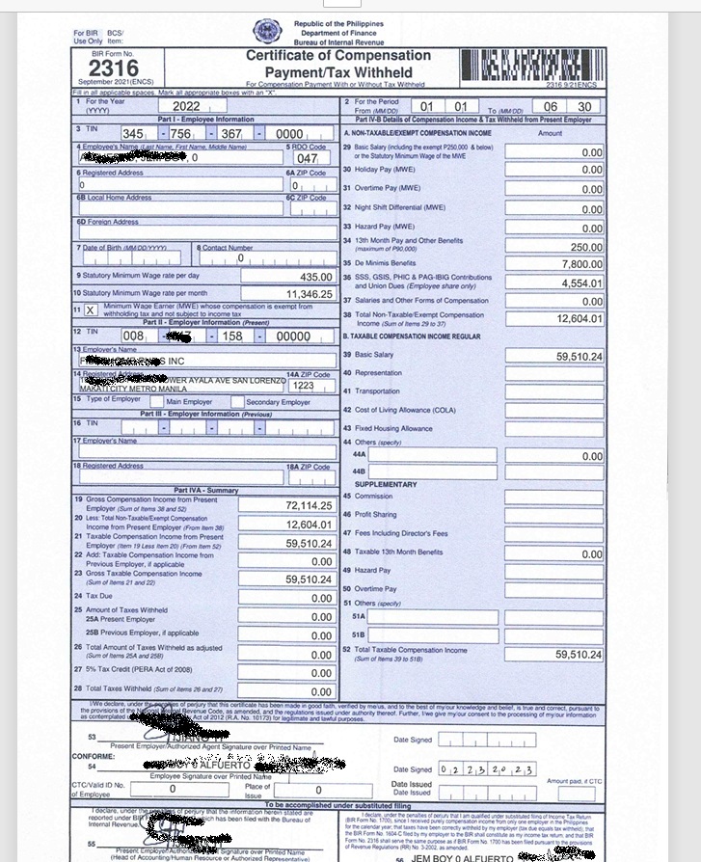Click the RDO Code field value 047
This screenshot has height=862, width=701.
point(307,157)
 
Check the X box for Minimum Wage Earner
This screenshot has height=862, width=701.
point(90,310)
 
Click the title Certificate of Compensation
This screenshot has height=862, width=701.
point(337,56)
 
